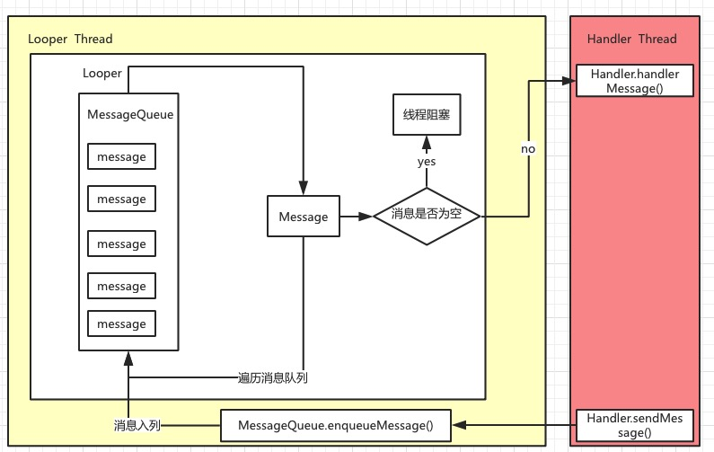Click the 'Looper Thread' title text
(x=70, y=40)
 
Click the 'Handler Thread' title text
(x=631, y=40)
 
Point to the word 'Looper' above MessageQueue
(x=101, y=74)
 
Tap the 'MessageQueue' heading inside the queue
(x=129, y=115)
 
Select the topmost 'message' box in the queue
(x=121, y=156)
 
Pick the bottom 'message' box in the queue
(x=121, y=323)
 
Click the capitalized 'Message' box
(x=304, y=217)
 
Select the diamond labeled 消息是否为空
(x=427, y=217)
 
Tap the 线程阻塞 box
(x=427, y=117)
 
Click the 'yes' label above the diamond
(x=427, y=162)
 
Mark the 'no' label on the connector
(x=528, y=148)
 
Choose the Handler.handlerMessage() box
(x=635, y=81)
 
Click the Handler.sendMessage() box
(x=635, y=425)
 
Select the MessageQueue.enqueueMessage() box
(x=336, y=425)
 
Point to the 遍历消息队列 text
(x=273, y=377)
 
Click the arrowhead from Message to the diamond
(x=366, y=217)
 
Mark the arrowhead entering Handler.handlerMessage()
(x=569, y=81)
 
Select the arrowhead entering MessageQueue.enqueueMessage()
(x=458, y=425)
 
